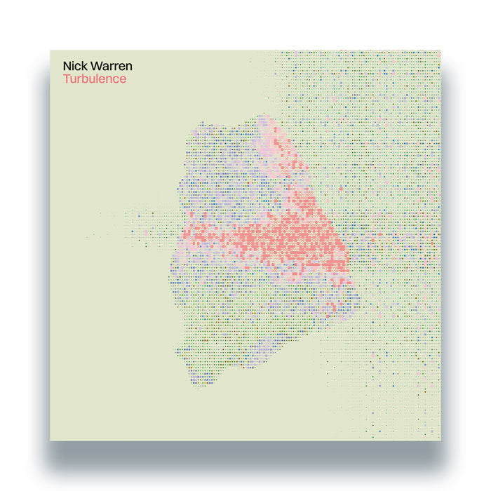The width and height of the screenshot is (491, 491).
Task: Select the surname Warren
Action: [109, 67]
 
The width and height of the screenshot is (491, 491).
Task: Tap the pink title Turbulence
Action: [95, 79]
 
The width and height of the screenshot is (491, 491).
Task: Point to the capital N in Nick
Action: [67, 67]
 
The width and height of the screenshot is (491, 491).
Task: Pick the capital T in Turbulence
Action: [66, 79]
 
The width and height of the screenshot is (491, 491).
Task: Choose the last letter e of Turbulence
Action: [123, 79]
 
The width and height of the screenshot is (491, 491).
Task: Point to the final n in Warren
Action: [128, 67]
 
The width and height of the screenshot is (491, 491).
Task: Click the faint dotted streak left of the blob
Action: [133, 224]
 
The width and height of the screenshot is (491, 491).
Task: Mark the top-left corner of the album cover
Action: [51, 51]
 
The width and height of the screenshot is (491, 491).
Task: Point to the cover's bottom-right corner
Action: [440, 440]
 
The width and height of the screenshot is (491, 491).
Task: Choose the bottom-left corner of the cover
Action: [51, 440]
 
